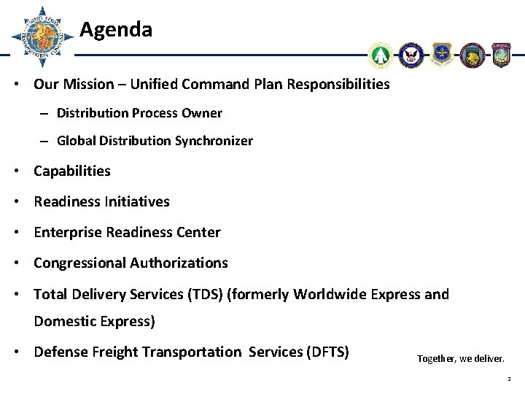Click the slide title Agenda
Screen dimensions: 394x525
click(116, 30)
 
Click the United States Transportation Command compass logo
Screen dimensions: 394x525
click(42, 36)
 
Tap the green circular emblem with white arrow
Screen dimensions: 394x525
click(381, 55)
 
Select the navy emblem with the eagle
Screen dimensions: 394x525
click(411, 55)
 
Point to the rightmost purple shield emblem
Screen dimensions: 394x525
click(502, 55)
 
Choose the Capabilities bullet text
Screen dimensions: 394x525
click(72, 171)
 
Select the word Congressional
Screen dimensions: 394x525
click(79, 263)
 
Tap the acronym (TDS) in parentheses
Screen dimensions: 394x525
click(208, 294)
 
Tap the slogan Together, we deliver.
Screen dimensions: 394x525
click(459, 358)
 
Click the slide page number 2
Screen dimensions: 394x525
click(510, 379)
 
